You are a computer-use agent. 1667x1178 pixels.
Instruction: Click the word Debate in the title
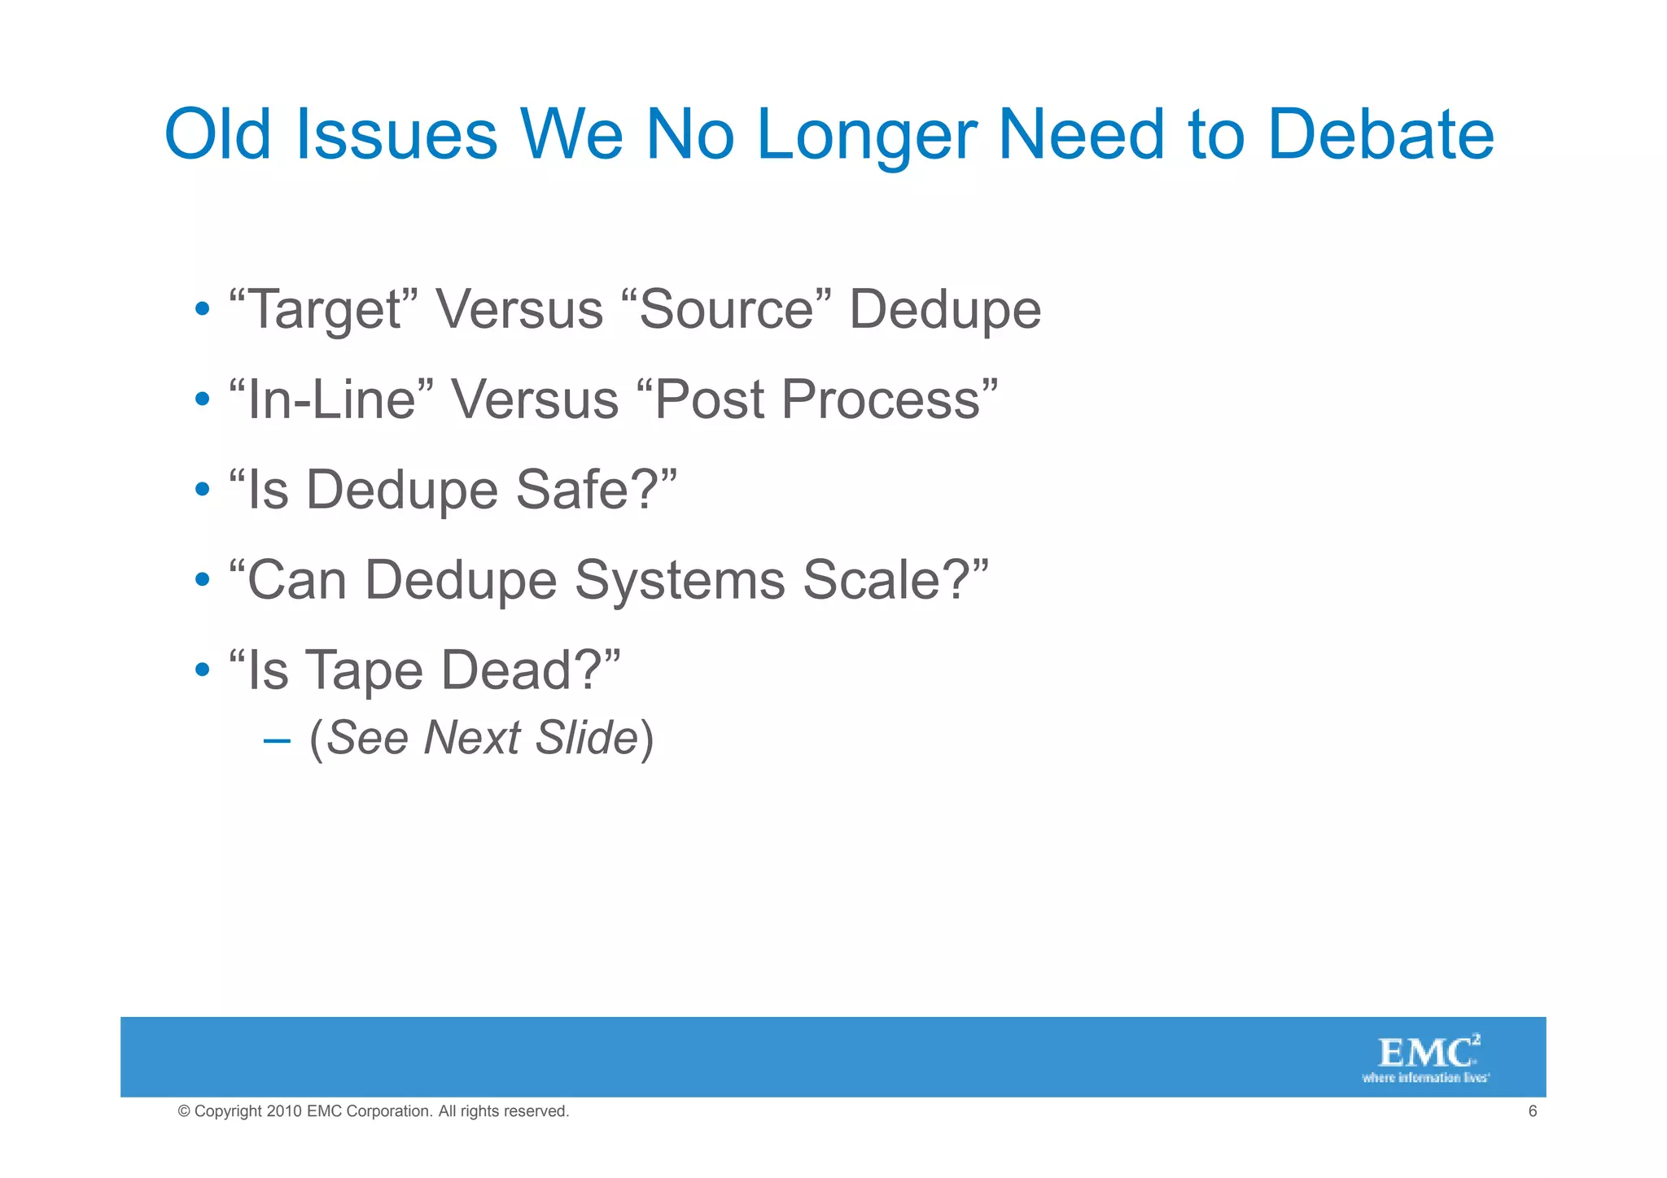coord(1380,134)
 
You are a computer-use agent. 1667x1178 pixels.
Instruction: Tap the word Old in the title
coord(217,134)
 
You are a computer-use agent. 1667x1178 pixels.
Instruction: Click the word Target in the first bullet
coord(324,311)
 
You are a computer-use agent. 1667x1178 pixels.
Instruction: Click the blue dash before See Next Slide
coord(277,740)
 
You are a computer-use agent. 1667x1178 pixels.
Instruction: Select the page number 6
coord(1532,1111)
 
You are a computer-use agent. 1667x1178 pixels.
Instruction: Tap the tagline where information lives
coord(1425,1078)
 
